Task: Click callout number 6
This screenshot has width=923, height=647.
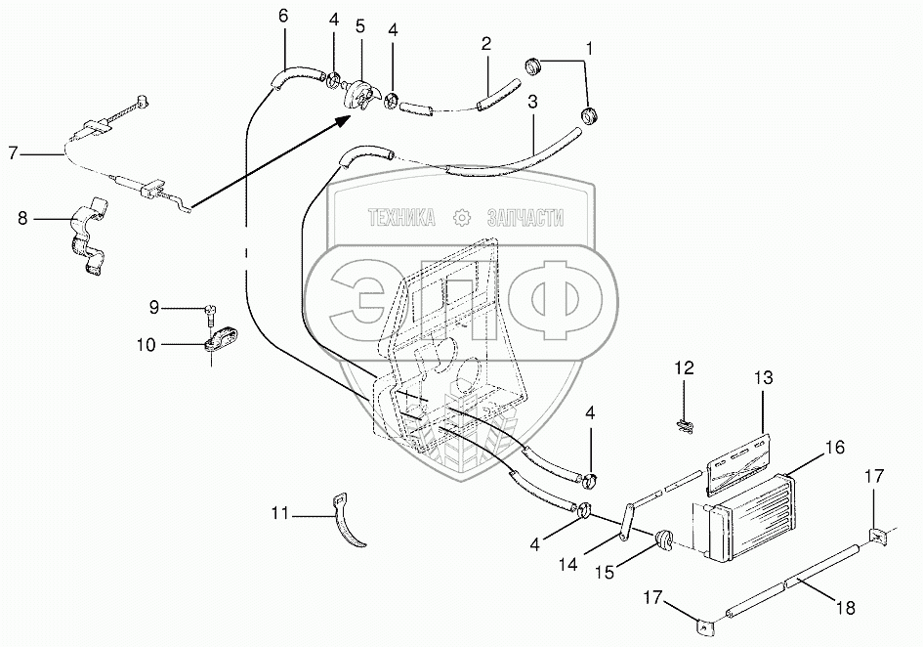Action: pos(283,16)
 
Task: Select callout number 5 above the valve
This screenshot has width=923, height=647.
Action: pos(360,25)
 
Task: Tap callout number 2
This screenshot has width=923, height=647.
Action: pos(485,44)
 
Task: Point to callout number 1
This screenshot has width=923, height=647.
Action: pos(589,46)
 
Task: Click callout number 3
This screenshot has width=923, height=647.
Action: pos(532,101)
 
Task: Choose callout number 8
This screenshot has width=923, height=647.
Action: pos(22,219)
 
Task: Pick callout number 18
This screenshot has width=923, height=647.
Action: pos(846,607)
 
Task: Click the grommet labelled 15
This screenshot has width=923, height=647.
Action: pos(663,539)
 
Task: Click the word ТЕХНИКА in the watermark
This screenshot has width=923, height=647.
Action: pos(401,220)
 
